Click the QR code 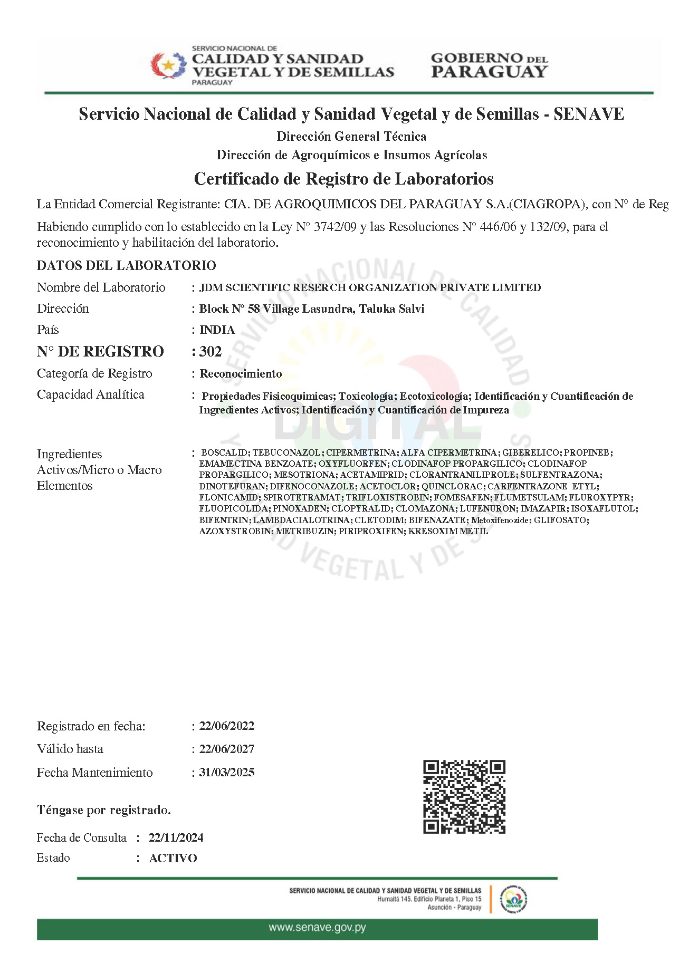pyautogui.click(x=464, y=796)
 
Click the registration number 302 pyautogui.click(x=211, y=352)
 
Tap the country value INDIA pyautogui.click(x=217, y=330)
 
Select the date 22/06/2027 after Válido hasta pyautogui.click(x=227, y=749)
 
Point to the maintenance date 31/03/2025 pyautogui.click(x=227, y=772)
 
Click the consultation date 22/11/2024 pyautogui.click(x=176, y=837)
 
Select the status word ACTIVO pyautogui.click(x=173, y=858)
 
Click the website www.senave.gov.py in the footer pyautogui.click(x=317, y=927)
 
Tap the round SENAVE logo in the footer pyautogui.click(x=513, y=899)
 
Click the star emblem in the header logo pyautogui.click(x=168, y=66)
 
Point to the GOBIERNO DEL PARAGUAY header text pyautogui.click(x=489, y=65)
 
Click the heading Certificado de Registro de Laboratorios pyautogui.click(x=343, y=179)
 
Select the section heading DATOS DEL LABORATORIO pyautogui.click(x=127, y=265)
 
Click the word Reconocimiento pyautogui.click(x=241, y=374)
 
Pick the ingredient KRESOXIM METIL pyautogui.click(x=448, y=531)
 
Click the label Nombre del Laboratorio pyautogui.click(x=101, y=287)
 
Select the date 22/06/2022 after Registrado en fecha pyautogui.click(x=227, y=726)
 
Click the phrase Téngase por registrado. pyautogui.click(x=104, y=810)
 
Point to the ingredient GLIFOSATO pyautogui.click(x=560, y=520)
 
